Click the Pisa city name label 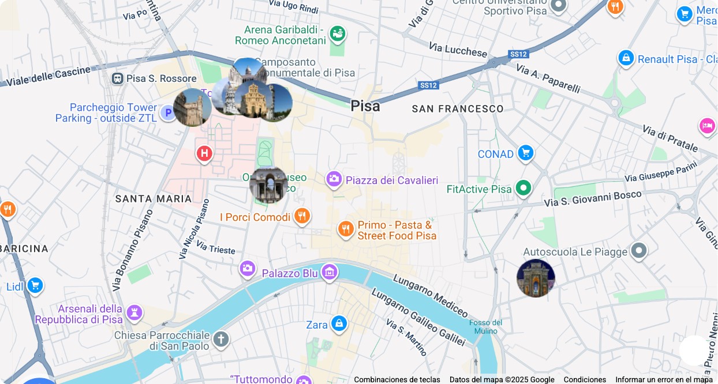click(x=365, y=106)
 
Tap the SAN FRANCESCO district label click(x=457, y=109)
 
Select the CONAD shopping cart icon click(x=525, y=153)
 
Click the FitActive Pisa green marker click(x=523, y=189)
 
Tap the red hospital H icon click(x=204, y=154)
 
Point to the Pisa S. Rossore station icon click(x=118, y=78)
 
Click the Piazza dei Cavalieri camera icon click(x=334, y=180)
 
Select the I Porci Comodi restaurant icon click(x=302, y=217)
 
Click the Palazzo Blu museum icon click(x=330, y=272)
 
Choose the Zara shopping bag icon click(x=339, y=324)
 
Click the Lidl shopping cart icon click(x=35, y=285)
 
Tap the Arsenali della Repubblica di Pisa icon click(x=134, y=313)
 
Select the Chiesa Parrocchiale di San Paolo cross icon click(x=220, y=340)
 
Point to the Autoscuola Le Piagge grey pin click(x=638, y=251)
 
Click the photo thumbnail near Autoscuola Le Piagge click(x=536, y=278)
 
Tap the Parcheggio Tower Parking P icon click(x=168, y=112)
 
